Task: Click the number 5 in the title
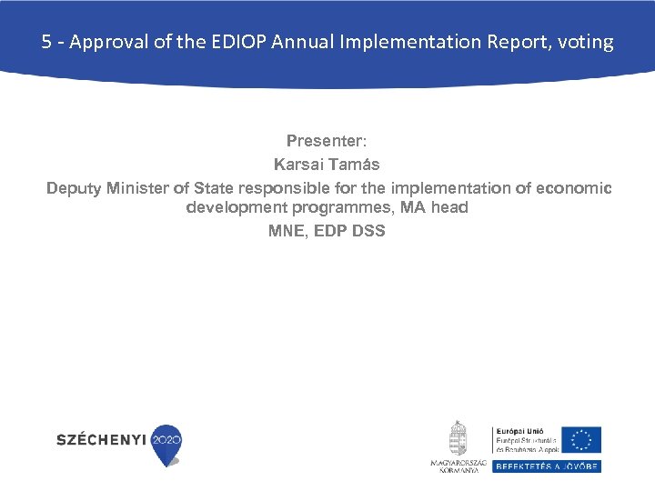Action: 46,42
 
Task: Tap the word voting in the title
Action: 588,42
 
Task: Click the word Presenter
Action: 326,141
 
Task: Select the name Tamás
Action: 357,165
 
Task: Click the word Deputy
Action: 74,188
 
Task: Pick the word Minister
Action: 138,188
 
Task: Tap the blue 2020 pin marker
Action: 166,443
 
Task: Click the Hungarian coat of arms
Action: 458,438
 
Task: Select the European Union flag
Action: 580,440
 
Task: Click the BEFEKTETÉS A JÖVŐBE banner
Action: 547,466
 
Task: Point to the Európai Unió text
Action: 519,431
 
